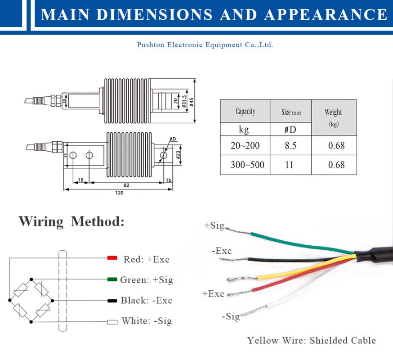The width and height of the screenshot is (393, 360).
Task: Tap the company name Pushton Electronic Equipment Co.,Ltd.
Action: [x=205, y=45]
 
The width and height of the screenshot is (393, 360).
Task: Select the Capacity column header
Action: [x=245, y=111]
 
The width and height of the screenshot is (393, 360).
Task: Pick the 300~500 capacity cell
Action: [x=245, y=165]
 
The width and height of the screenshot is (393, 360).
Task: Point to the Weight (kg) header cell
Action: [x=333, y=117]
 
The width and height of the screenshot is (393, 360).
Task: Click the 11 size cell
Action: [x=289, y=165]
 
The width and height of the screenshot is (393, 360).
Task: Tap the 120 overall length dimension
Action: [x=119, y=193]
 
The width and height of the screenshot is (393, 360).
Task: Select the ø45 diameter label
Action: [x=191, y=102]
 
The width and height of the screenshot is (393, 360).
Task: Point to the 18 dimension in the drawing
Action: [x=81, y=180]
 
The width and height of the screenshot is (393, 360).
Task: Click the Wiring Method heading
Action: [x=71, y=221]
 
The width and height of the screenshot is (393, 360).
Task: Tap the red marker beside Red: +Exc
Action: [x=112, y=258]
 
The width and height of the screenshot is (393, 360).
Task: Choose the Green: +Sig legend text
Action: [x=146, y=280]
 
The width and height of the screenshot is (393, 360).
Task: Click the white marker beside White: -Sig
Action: [x=112, y=322]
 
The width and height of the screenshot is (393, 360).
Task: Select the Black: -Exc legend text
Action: [x=146, y=301]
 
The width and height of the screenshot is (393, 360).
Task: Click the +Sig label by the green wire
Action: [x=214, y=225]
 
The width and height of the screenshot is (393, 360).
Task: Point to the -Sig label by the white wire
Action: [x=231, y=316]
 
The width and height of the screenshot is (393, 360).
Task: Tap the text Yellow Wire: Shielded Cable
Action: [x=311, y=341]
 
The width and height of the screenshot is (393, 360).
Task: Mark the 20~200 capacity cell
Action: [x=245, y=146]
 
